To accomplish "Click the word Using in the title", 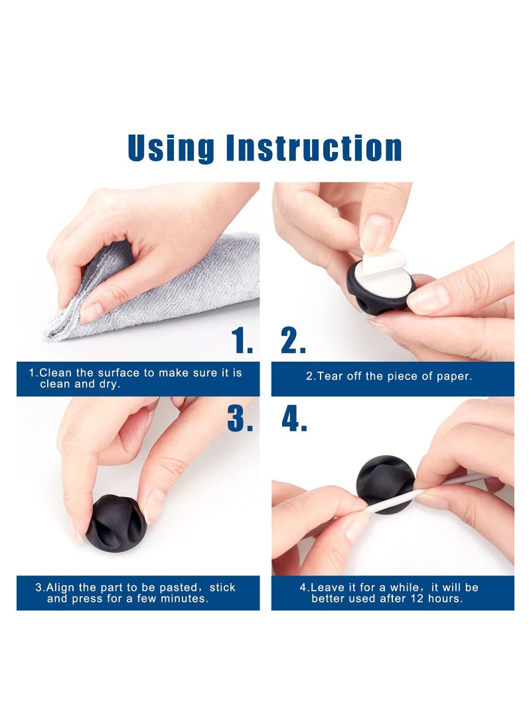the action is (171, 149).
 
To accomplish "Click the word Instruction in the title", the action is (314, 148).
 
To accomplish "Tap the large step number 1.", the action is (242, 340).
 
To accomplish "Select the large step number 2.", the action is (293, 340).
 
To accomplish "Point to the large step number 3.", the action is (240, 418).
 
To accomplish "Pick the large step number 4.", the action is (294, 418).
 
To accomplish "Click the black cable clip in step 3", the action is (116, 523).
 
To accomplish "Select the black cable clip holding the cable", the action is (386, 484).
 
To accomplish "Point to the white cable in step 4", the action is (416, 496).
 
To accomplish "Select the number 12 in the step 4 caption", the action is (412, 599).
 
